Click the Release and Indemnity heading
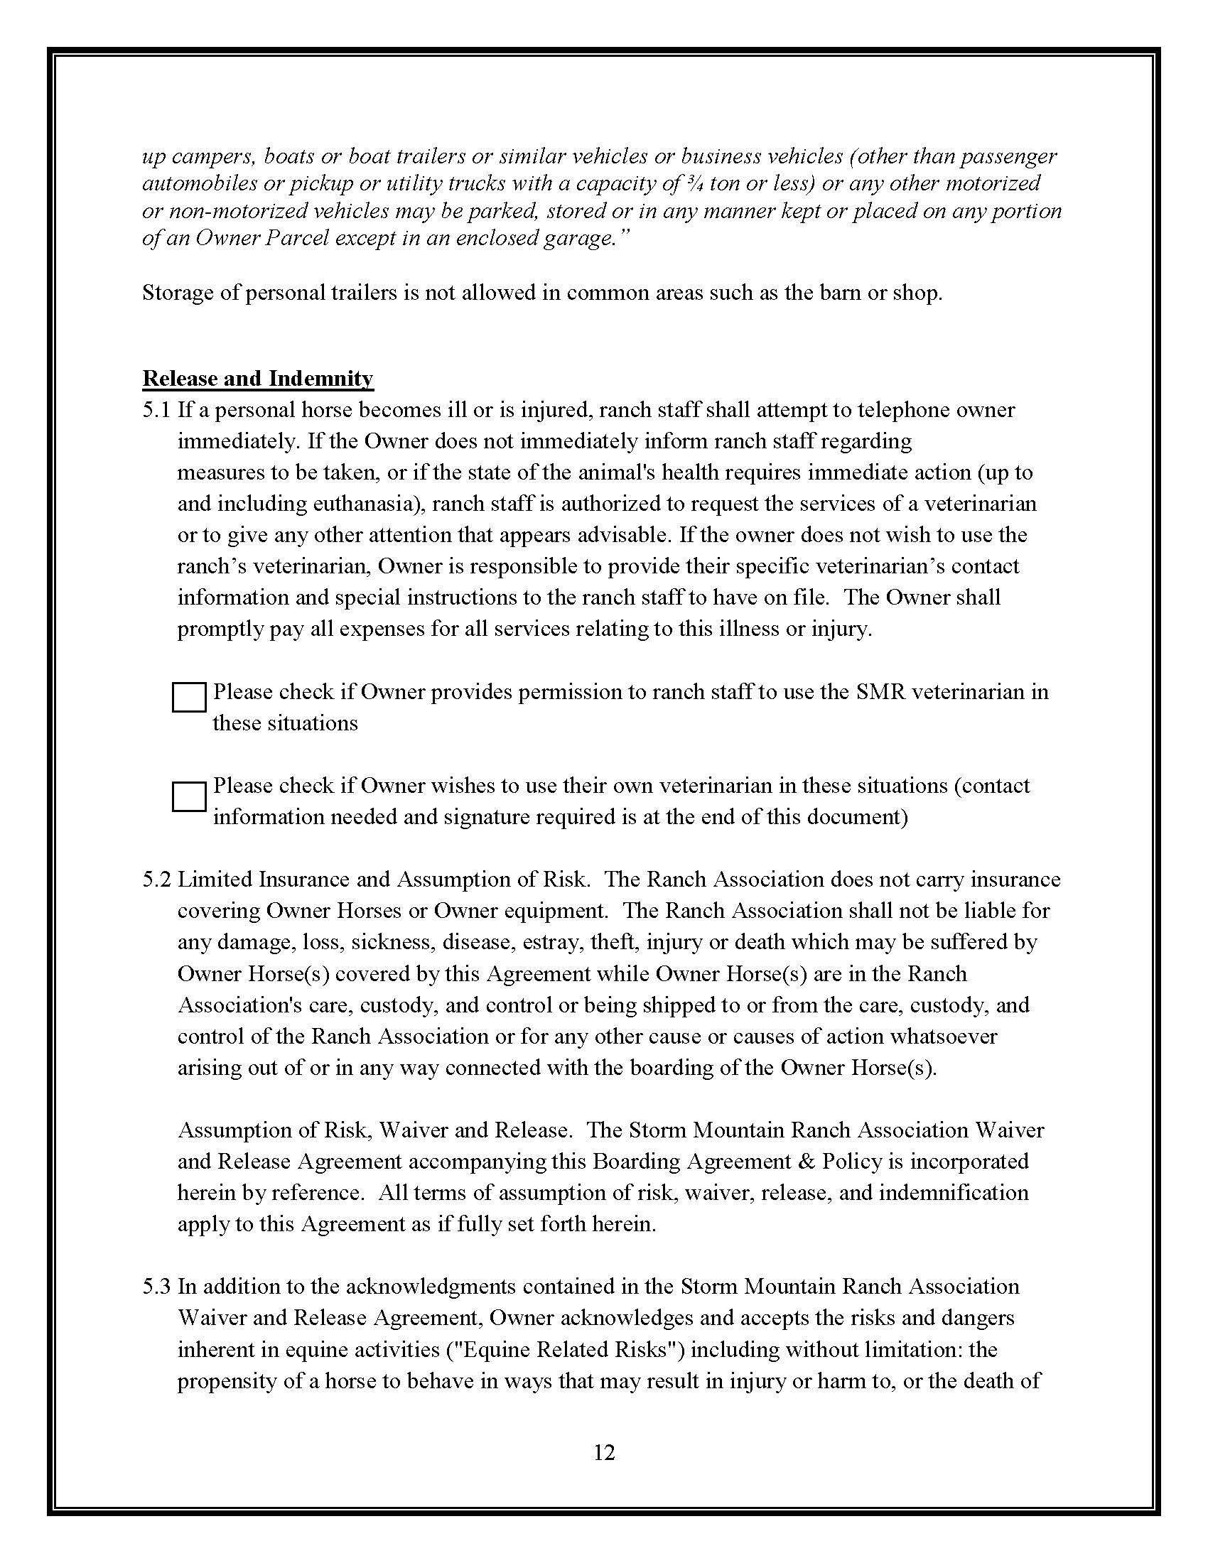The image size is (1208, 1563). tap(258, 378)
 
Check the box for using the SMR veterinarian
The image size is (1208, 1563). tap(189, 697)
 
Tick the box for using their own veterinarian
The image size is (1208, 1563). tap(189, 796)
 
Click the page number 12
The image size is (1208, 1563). tap(604, 1452)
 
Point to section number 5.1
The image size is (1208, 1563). tap(156, 410)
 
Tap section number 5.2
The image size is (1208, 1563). tap(156, 880)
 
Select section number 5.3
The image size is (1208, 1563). tap(156, 1287)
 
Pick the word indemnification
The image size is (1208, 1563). tap(954, 1193)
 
